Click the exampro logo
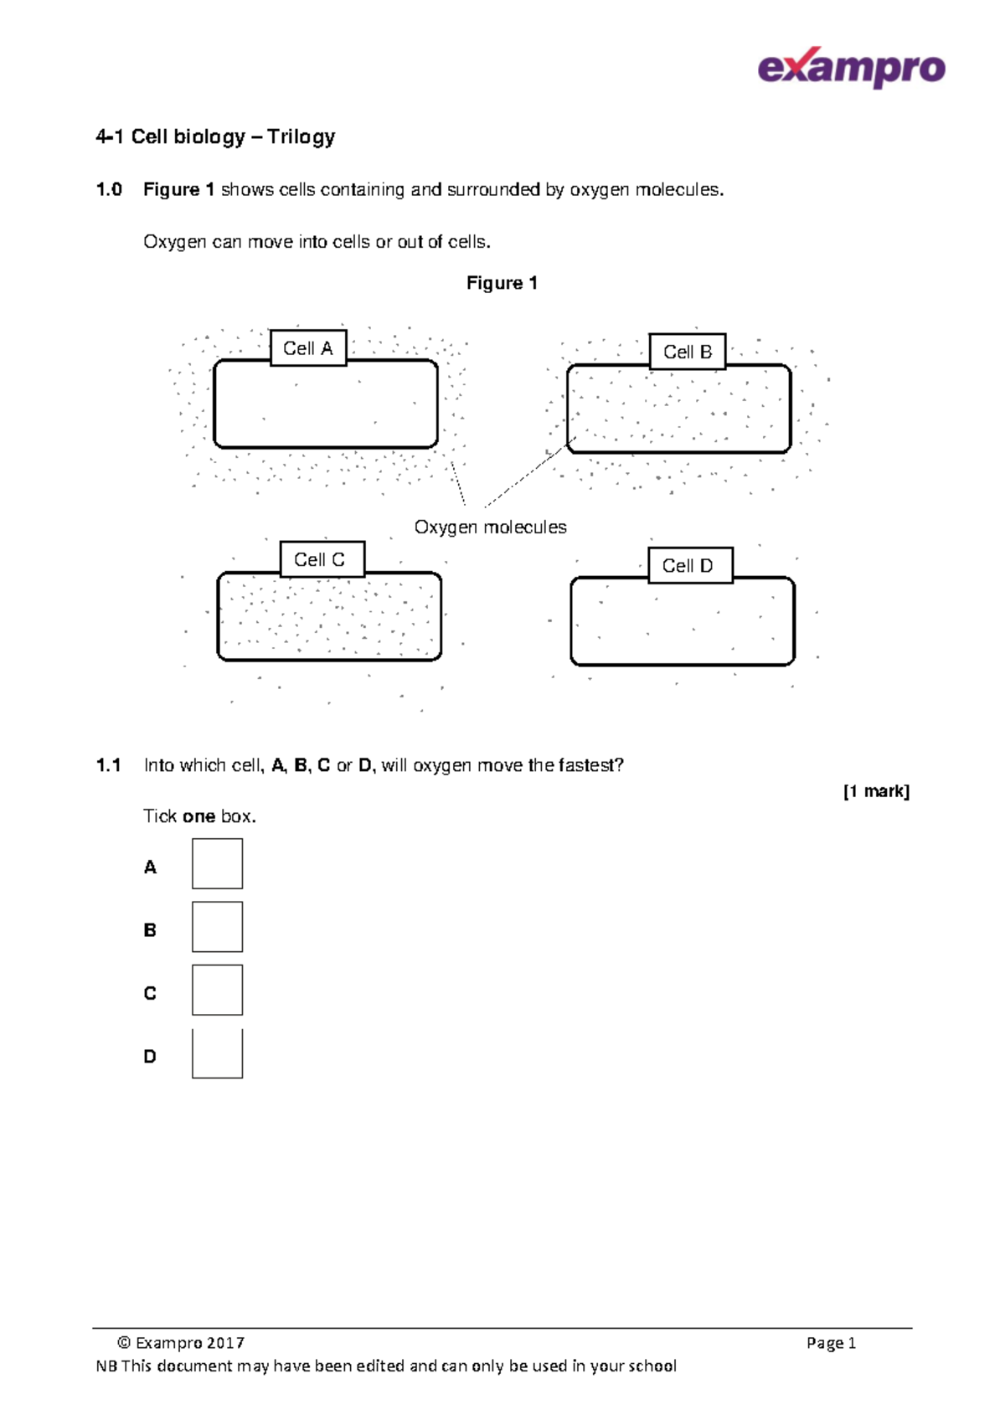851,68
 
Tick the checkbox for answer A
217,864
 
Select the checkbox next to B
217,927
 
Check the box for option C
217,990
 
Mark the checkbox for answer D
217,1053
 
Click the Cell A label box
308,348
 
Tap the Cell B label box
688,352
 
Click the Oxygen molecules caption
490,527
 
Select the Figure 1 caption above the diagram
502,283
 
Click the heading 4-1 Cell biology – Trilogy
215,137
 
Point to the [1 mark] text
876,791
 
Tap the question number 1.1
109,765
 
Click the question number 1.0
109,190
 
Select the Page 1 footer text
831,1343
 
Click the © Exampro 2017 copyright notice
181,1343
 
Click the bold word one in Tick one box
198,816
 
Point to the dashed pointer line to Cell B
529,473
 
